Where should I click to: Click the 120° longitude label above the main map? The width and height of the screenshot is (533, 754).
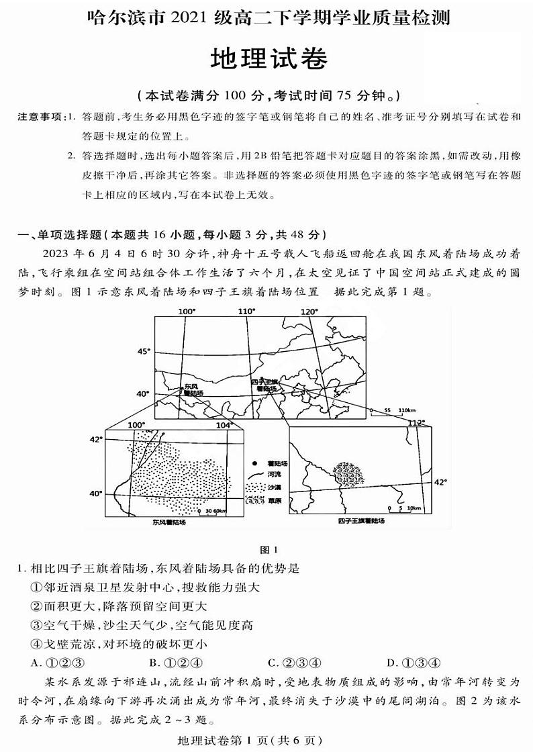point(309,312)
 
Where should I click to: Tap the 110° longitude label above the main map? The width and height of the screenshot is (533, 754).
point(246,312)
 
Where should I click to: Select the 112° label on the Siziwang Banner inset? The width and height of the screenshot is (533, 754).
point(417,422)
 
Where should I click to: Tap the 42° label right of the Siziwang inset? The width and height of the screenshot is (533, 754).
point(440,482)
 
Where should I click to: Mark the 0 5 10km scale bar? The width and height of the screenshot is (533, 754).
point(400,508)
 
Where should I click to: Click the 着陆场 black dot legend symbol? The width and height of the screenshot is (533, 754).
point(254,464)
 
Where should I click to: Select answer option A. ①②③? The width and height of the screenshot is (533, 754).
point(57,663)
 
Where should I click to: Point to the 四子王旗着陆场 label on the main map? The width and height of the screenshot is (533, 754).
point(264,385)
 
